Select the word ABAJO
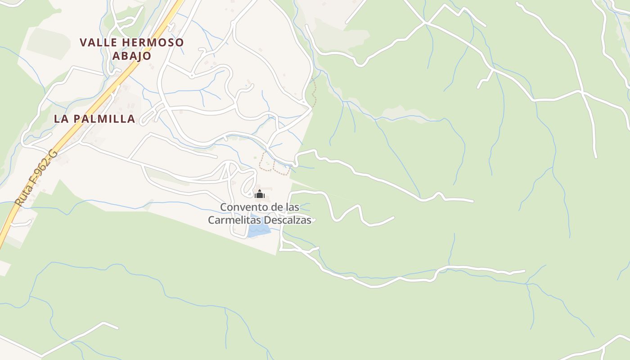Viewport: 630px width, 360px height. (x=131, y=56)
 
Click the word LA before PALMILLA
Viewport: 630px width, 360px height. (x=61, y=119)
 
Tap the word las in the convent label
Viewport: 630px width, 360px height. (x=292, y=207)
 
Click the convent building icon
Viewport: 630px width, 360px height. (x=259, y=194)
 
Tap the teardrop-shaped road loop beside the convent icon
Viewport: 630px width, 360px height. (x=248, y=183)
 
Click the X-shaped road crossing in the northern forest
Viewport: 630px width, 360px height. (x=424, y=22)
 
